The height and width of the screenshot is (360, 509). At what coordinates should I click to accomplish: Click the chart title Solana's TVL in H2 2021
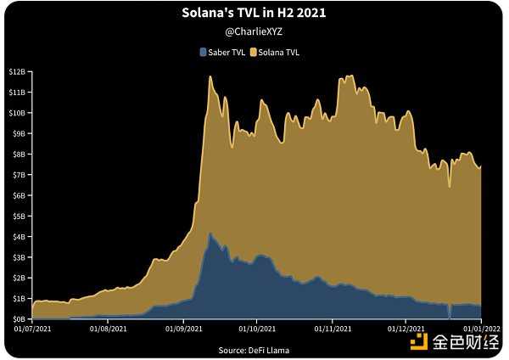click(x=253, y=14)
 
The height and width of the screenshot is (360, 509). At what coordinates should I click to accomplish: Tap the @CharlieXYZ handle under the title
click(x=253, y=32)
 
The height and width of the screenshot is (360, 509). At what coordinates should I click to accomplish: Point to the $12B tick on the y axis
click(x=17, y=70)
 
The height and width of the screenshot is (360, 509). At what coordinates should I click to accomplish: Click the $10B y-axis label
click(x=17, y=112)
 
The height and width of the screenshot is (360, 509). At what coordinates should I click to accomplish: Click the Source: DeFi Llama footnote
click(x=253, y=349)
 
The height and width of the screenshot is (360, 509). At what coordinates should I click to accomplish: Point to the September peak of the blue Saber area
click(x=210, y=233)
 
